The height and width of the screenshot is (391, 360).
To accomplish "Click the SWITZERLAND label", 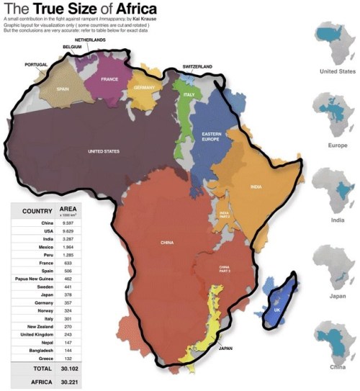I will click(197, 66).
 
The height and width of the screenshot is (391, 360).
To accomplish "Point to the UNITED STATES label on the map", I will click(104, 152).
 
